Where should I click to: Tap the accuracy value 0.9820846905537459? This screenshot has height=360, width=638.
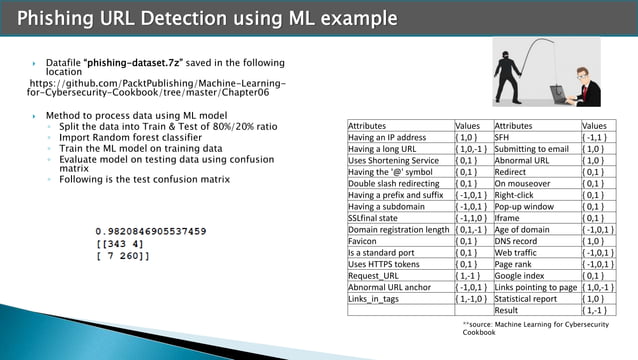[x=151, y=231]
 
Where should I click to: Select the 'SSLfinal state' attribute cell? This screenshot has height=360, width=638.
[x=375, y=218]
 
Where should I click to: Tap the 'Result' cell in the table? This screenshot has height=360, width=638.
[x=510, y=310]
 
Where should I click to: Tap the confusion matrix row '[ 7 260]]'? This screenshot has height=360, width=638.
[x=123, y=257]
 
